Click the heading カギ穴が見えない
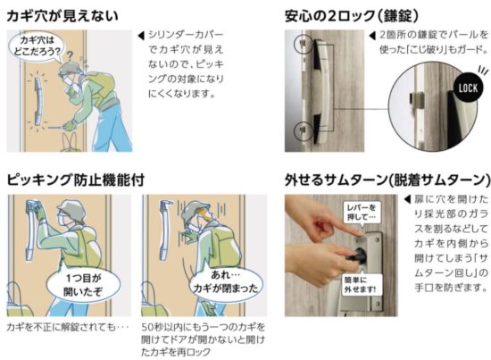pos(62,16)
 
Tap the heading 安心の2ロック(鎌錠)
pos(352,16)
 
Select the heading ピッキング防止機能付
pos(76,180)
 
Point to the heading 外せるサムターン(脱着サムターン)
pos(387,180)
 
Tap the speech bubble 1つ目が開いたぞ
pos(83,284)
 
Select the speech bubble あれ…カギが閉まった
pos(226,282)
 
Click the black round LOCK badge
pos(468,88)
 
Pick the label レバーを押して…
pos(362,212)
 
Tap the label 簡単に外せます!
pos(360,284)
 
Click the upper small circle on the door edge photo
pos(304,43)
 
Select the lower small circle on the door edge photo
pos(304,130)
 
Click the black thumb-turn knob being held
pos(359,255)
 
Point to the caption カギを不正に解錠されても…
pos(68,327)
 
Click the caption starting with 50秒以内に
pos(204,339)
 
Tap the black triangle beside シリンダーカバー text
pos(141,36)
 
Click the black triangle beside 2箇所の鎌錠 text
pos(372,36)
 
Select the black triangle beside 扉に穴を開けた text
pos(407,199)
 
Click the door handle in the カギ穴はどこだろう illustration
pos(37,100)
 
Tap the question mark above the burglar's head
pos(71,55)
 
